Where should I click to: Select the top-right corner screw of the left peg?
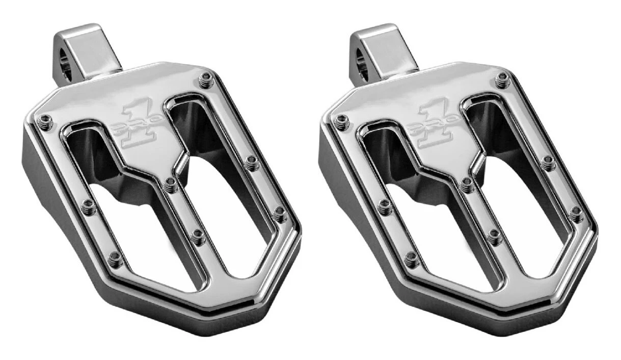click(x=206, y=79)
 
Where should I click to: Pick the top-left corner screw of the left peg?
click(x=45, y=121)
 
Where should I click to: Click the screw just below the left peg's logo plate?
click(x=171, y=184)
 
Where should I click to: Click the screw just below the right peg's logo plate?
click(x=467, y=185)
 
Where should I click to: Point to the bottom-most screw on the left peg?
click(x=115, y=259)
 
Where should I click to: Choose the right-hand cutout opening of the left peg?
click(x=219, y=193)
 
